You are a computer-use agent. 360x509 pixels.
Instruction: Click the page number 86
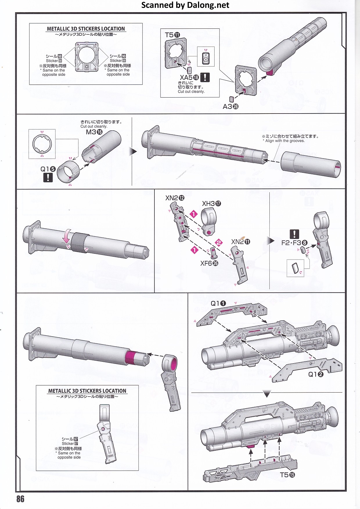tap(20, 499)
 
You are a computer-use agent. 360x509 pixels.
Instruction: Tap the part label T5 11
tap(172, 35)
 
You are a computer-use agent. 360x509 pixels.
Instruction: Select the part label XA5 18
tap(189, 78)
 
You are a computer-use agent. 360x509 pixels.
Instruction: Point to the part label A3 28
tap(231, 107)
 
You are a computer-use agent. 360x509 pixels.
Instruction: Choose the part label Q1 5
tap(48, 169)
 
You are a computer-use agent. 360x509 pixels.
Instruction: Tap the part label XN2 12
tap(175, 198)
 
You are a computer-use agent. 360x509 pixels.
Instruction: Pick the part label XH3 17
tap(211, 204)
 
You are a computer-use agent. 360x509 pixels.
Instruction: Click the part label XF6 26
tap(209, 263)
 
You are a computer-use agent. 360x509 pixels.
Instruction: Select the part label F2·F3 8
tap(294, 243)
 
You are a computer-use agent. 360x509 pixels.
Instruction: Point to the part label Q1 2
tap(316, 374)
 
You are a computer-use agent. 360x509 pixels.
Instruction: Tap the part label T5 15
tap(287, 475)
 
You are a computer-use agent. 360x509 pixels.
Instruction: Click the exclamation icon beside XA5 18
tap(205, 77)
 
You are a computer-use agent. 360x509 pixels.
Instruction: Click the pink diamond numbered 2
tap(219, 242)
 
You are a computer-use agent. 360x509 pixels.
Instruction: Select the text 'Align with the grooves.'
tap(285, 141)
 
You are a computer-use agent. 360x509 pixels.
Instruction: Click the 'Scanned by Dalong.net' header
tap(185, 5)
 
